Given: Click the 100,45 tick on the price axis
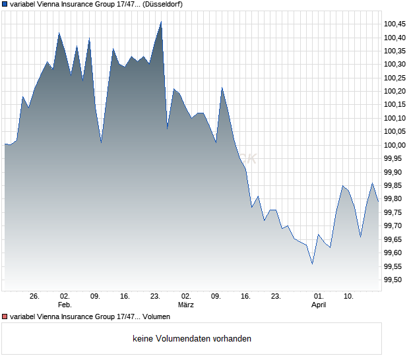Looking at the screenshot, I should point(394,24).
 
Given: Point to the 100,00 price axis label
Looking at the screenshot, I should point(394,145).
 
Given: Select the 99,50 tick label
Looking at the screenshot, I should point(394,280).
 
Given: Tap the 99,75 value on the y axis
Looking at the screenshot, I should point(394,212).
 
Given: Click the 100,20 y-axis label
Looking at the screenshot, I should point(394,91).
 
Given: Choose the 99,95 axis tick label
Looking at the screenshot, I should point(394,159).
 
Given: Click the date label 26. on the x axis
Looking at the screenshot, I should point(35,297).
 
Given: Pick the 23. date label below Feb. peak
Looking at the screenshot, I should point(156,297).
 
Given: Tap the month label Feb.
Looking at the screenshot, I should point(65,305).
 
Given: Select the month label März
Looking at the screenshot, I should point(186,305).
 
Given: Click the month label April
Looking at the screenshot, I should point(319,305).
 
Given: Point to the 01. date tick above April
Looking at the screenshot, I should point(319,297).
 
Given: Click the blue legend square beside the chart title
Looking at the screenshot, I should point(5,4).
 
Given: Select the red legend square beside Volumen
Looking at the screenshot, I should point(5,317).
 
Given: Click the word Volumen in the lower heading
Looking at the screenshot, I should point(156,317).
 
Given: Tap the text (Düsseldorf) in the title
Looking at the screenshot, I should point(162,4).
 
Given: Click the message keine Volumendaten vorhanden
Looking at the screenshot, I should point(192,339).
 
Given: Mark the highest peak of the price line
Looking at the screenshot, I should point(161,22).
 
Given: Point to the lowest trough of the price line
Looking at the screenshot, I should point(312,264).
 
